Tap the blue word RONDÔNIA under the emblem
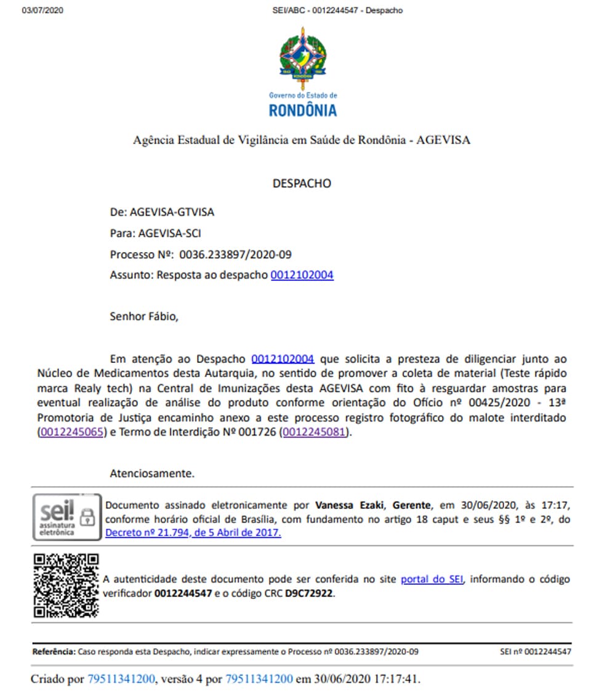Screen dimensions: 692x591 [x=303, y=110]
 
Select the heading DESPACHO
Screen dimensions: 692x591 [x=302, y=184]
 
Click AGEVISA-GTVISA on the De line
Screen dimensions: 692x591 [x=172, y=212]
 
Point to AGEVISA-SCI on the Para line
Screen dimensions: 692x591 [x=170, y=234]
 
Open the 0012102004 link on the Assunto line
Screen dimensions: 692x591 [x=302, y=275]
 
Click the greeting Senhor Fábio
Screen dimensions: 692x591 [x=143, y=317]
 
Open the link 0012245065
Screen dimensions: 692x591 [x=71, y=433]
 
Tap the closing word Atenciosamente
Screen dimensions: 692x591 [x=151, y=474]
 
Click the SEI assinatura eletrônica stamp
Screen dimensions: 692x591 [x=66, y=516]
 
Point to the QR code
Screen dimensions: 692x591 [x=66, y=585]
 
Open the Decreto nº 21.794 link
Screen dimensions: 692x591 [x=193, y=533]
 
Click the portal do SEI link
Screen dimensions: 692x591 [x=432, y=579]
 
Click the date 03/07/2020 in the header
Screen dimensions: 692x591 [x=42, y=10]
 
